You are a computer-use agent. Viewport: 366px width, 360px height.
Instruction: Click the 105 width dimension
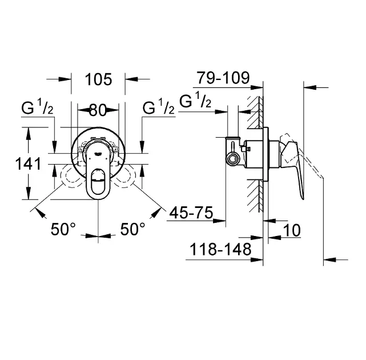(99, 79)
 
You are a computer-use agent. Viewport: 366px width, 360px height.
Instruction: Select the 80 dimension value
(98, 110)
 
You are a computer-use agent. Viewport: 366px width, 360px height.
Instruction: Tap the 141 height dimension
(28, 164)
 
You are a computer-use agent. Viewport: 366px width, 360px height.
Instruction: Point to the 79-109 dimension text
(223, 78)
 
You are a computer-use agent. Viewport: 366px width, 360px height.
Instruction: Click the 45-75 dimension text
(191, 213)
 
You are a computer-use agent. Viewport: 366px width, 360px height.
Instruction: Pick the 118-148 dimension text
(220, 249)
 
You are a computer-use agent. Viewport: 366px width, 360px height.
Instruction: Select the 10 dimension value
(292, 231)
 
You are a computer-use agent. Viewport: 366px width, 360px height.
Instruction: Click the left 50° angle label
(63, 229)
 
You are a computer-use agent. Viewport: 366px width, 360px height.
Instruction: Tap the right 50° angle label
(132, 229)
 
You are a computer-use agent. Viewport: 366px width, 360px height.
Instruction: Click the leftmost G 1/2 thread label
(37, 107)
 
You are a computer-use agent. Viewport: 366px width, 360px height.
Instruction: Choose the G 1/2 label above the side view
(195, 101)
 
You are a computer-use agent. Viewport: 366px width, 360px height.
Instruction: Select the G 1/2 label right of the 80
(159, 107)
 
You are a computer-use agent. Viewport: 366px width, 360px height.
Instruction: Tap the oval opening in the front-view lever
(98, 182)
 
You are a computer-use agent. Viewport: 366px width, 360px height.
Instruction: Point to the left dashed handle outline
(70, 175)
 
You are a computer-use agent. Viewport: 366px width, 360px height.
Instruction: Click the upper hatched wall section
(255, 112)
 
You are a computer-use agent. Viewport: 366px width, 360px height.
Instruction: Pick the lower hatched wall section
(255, 196)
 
